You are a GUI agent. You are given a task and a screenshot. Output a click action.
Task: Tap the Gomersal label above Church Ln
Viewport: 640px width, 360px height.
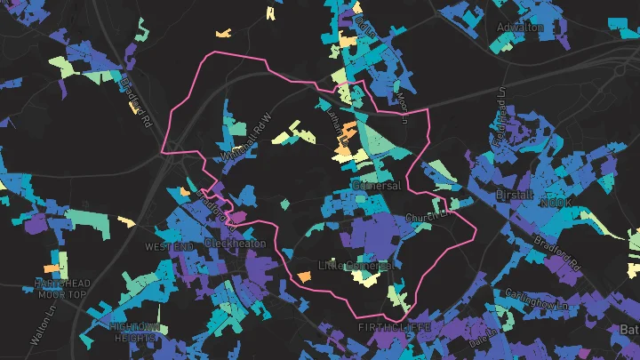(377, 186)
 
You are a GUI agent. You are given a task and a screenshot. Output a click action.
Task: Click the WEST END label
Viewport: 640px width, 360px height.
(168, 246)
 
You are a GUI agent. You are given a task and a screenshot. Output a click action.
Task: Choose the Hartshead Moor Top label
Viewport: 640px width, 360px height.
(60, 288)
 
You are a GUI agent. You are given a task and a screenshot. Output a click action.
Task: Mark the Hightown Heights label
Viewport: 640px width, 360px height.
(134, 332)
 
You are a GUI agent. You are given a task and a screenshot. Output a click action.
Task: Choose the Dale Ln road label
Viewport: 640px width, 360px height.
(485, 336)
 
